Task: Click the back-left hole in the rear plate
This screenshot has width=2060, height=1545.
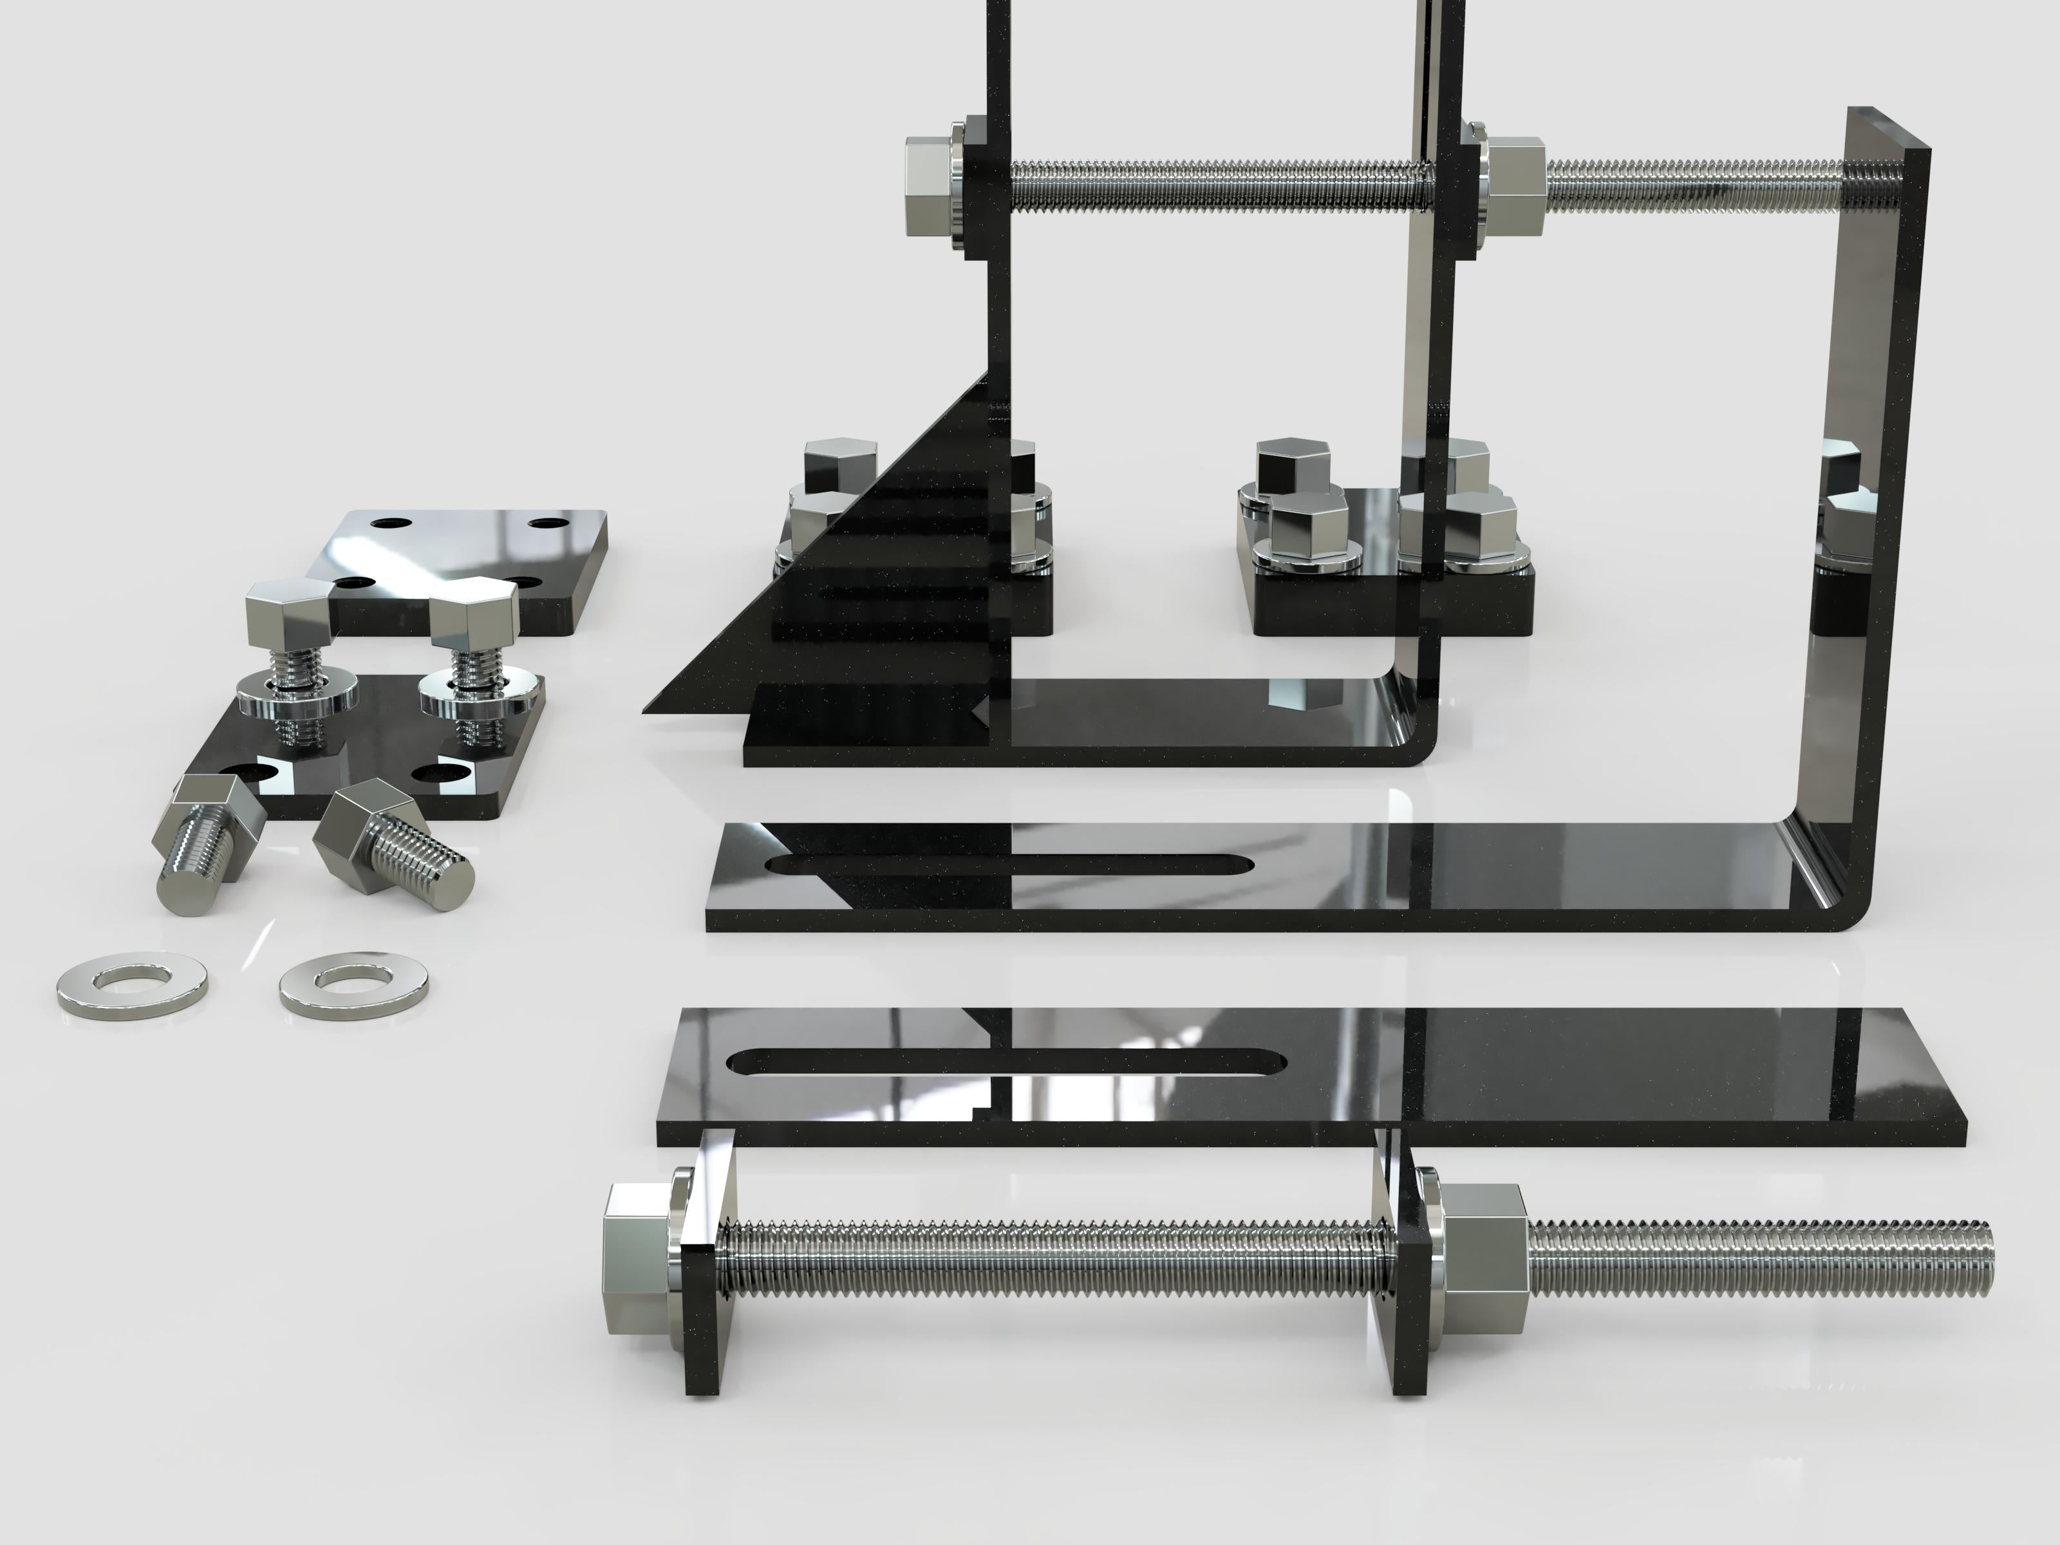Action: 384,523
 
